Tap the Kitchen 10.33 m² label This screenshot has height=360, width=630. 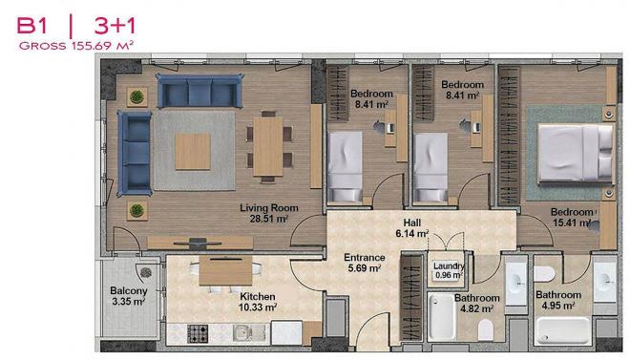coord(258,302)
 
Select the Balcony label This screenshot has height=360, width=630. coord(129,290)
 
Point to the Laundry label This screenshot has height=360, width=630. coord(449,266)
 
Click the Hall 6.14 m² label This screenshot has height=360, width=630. coord(412,228)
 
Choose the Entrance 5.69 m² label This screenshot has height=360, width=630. coord(365,263)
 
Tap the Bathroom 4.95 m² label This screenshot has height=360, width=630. coord(558,300)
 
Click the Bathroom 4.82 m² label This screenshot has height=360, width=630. coord(477,304)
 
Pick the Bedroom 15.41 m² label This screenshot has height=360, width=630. coord(572,217)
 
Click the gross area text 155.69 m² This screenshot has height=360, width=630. coord(102,46)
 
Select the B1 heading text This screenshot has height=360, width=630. coord(31,26)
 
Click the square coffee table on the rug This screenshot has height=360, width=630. coord(193,151)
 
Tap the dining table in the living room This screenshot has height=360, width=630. coord(268,146)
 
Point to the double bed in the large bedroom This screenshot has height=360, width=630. coord(576,152)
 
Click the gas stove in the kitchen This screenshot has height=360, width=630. coord(198,333)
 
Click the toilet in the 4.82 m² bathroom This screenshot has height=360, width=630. coord(486,329)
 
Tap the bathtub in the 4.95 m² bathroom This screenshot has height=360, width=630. coord(563,330)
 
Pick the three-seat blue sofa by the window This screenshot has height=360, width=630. coord(199,91)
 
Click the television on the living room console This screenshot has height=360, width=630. coord(198,243)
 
